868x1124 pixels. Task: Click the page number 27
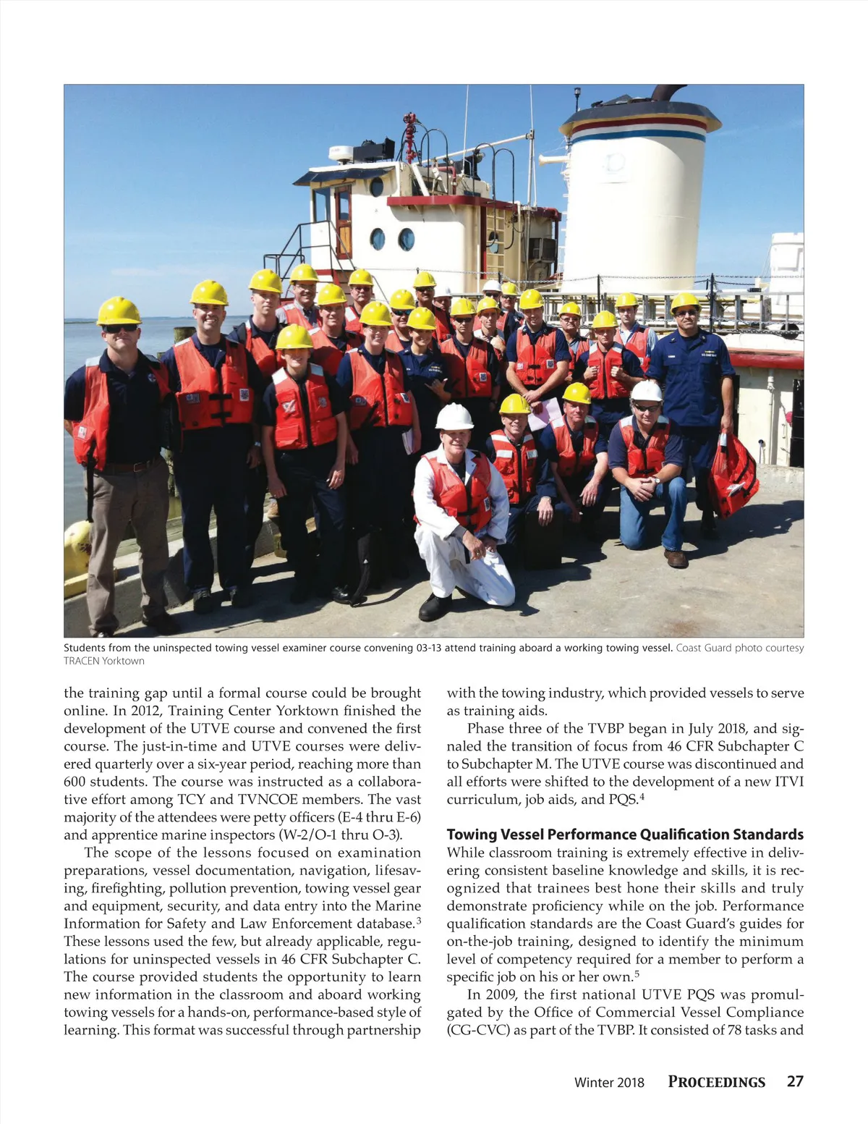795,1081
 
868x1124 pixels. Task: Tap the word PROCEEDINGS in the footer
716,1082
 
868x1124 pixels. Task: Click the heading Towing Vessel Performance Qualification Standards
625,834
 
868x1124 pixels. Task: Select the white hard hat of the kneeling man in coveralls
454,416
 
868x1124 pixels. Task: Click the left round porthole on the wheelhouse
378,238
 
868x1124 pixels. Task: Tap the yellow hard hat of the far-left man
119,310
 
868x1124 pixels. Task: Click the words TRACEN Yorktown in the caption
104,661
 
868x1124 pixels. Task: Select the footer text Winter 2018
608,1083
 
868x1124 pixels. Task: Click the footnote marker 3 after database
418,921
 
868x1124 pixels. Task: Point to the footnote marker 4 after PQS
642,797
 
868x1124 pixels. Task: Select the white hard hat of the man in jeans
646,391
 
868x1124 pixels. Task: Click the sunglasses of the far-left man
119,329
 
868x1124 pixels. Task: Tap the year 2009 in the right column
501,994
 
